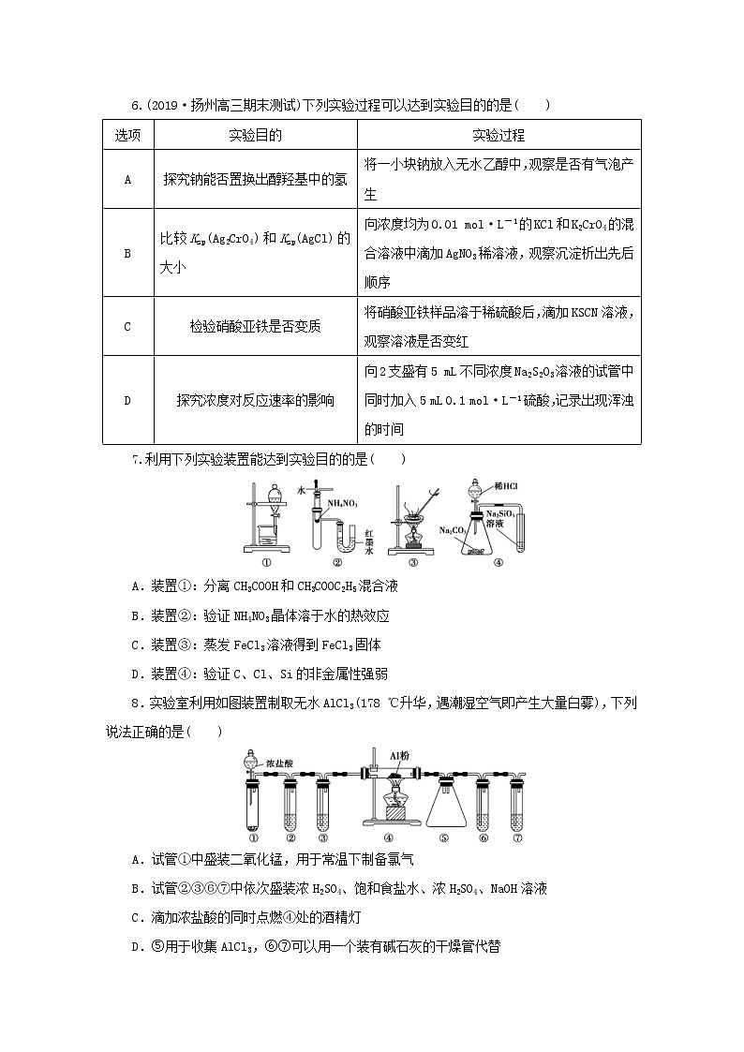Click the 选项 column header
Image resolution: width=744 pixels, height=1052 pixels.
pos(127,135)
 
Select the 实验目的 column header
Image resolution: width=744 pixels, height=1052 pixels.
pos(255,135)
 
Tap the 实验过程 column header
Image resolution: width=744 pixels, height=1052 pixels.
pos(498,135)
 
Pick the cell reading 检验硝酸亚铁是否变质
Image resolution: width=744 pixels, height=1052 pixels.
pos(255,326)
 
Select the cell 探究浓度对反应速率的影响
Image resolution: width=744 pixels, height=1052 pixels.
pos(255,400)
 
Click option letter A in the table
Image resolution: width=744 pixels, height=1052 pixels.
pos(127,179)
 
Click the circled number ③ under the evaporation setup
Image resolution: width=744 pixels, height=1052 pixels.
pos(413,563)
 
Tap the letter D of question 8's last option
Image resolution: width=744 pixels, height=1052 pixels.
pos(137,946)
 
